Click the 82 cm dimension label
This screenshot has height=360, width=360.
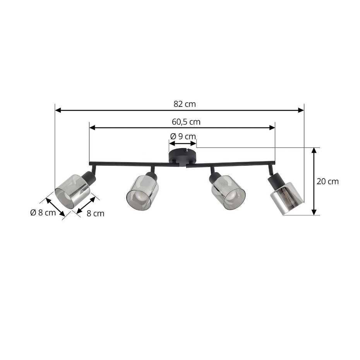(185, 104)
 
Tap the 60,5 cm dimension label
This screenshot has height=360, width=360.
(186, 122)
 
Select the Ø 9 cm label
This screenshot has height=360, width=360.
(183, 136)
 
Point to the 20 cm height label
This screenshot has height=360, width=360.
(327, 182)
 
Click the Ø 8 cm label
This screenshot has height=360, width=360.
(43, 213)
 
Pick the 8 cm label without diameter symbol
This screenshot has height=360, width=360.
(96, 213)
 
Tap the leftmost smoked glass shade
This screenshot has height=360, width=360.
(72, 192)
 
